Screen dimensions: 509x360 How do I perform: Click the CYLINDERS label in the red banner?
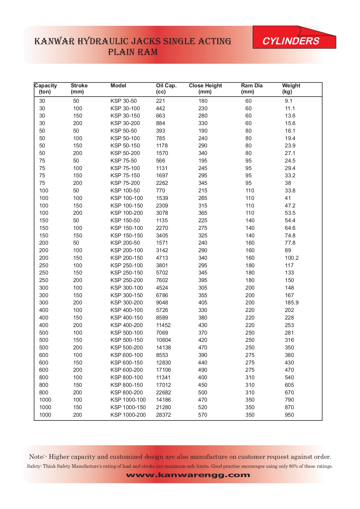pyautogui.click(x=291, y=41)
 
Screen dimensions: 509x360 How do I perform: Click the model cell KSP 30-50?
pyautogui.click(x=124, y=101)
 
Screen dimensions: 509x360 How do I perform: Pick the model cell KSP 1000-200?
pyautogui.click(x=128, y=415)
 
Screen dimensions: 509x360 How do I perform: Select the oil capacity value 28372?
pyautogui.click(x=163, y=415)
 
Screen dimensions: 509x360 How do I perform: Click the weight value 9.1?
pyautogui.click(x=288, y=101)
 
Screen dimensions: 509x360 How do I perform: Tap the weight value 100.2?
pyautogui.click(x=292, y=258)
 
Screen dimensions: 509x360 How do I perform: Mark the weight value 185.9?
pyautogui.click(x=292, y=303)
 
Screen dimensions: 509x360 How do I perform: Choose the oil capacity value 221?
pyautogui.click(x=160, y=101)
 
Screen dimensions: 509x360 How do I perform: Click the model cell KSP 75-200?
pyautogui.click(x=125, y=183)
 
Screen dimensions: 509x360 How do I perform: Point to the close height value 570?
pyautogui.click(x=203, y=415)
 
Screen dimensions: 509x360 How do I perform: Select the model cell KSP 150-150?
pyautogui.click(x=126, y=236)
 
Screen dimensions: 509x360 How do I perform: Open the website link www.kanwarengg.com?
pyautogui.click(x=188, y=475)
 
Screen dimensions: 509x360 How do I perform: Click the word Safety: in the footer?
pyautogui.click(x=34, y=466)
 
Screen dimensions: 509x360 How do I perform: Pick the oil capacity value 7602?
pyautogui.click(x=162, y=280)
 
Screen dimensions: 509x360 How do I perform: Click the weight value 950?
pyautogui.click(x=289, y=415)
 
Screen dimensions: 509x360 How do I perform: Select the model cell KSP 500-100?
pyautogui.click(x=126, y=333)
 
